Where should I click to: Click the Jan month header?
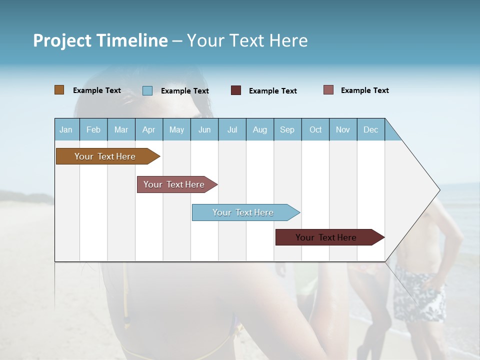(66, 130)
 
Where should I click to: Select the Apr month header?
(148, 130)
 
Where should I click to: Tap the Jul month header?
(232, 130)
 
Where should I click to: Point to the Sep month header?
(287, 130)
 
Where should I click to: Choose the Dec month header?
(370, 130)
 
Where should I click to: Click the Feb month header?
(93, 130)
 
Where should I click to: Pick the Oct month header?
(315, 130)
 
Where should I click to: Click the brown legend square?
(59, 90)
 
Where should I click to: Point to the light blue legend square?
(147, 90)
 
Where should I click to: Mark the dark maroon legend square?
(236, 90)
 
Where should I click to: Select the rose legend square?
(328, 90)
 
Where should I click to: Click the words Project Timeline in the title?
(100, 40)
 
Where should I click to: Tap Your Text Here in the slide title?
(247, 40)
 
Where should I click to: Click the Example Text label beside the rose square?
(364, 90)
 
